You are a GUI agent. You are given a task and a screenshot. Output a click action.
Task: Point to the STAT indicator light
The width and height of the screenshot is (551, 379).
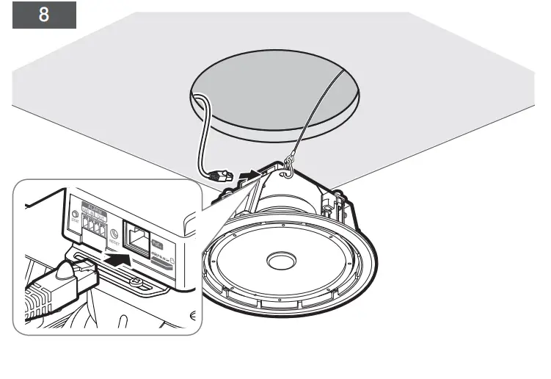[x=76, y=217]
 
